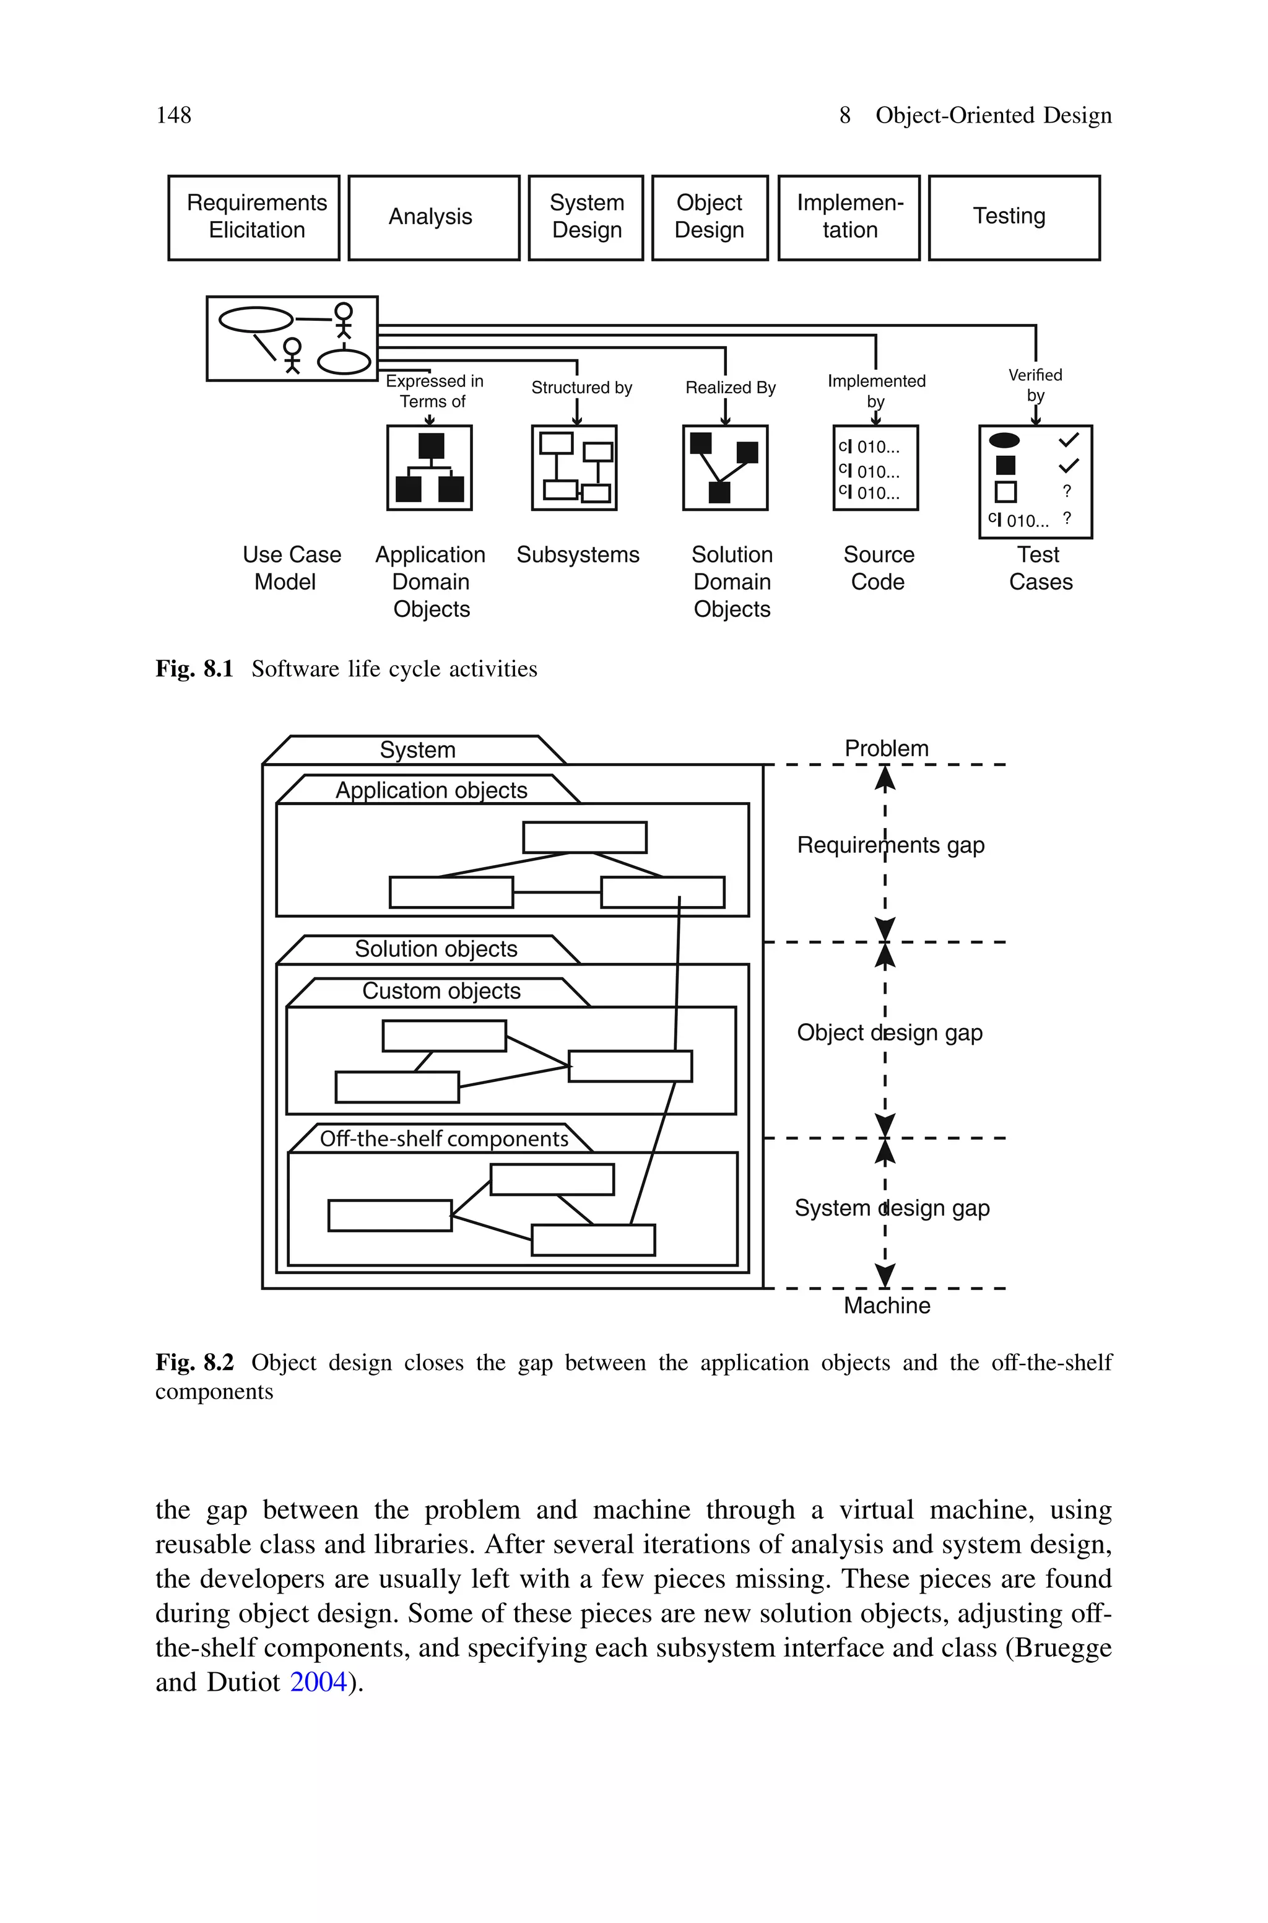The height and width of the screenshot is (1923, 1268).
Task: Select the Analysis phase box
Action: [433, 217]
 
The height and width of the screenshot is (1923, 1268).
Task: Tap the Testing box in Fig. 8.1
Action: [1014, 217]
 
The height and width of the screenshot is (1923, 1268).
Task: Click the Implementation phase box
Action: [848, 217]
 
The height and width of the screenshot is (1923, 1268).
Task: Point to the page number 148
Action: [173, 116]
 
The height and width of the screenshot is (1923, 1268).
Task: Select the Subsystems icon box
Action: [574, 468]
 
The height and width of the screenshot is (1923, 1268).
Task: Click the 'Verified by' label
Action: [1035, 385]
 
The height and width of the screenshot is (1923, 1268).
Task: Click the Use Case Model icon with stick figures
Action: [292, 339]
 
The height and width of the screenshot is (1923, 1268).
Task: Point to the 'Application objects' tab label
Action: [431, 790]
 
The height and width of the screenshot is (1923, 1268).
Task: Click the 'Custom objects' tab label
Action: [441, 992]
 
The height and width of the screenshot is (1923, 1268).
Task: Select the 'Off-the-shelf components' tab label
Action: [444, 1138]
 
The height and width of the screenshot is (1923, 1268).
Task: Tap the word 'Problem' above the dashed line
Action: [887, 749]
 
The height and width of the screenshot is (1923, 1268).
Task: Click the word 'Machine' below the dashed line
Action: [887, 1305]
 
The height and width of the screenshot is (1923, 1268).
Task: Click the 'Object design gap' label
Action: [890, 1032]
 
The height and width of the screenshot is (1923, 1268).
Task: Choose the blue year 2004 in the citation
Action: [318, 1682]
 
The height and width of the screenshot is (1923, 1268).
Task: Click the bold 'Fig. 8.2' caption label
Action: [194, 1363]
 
